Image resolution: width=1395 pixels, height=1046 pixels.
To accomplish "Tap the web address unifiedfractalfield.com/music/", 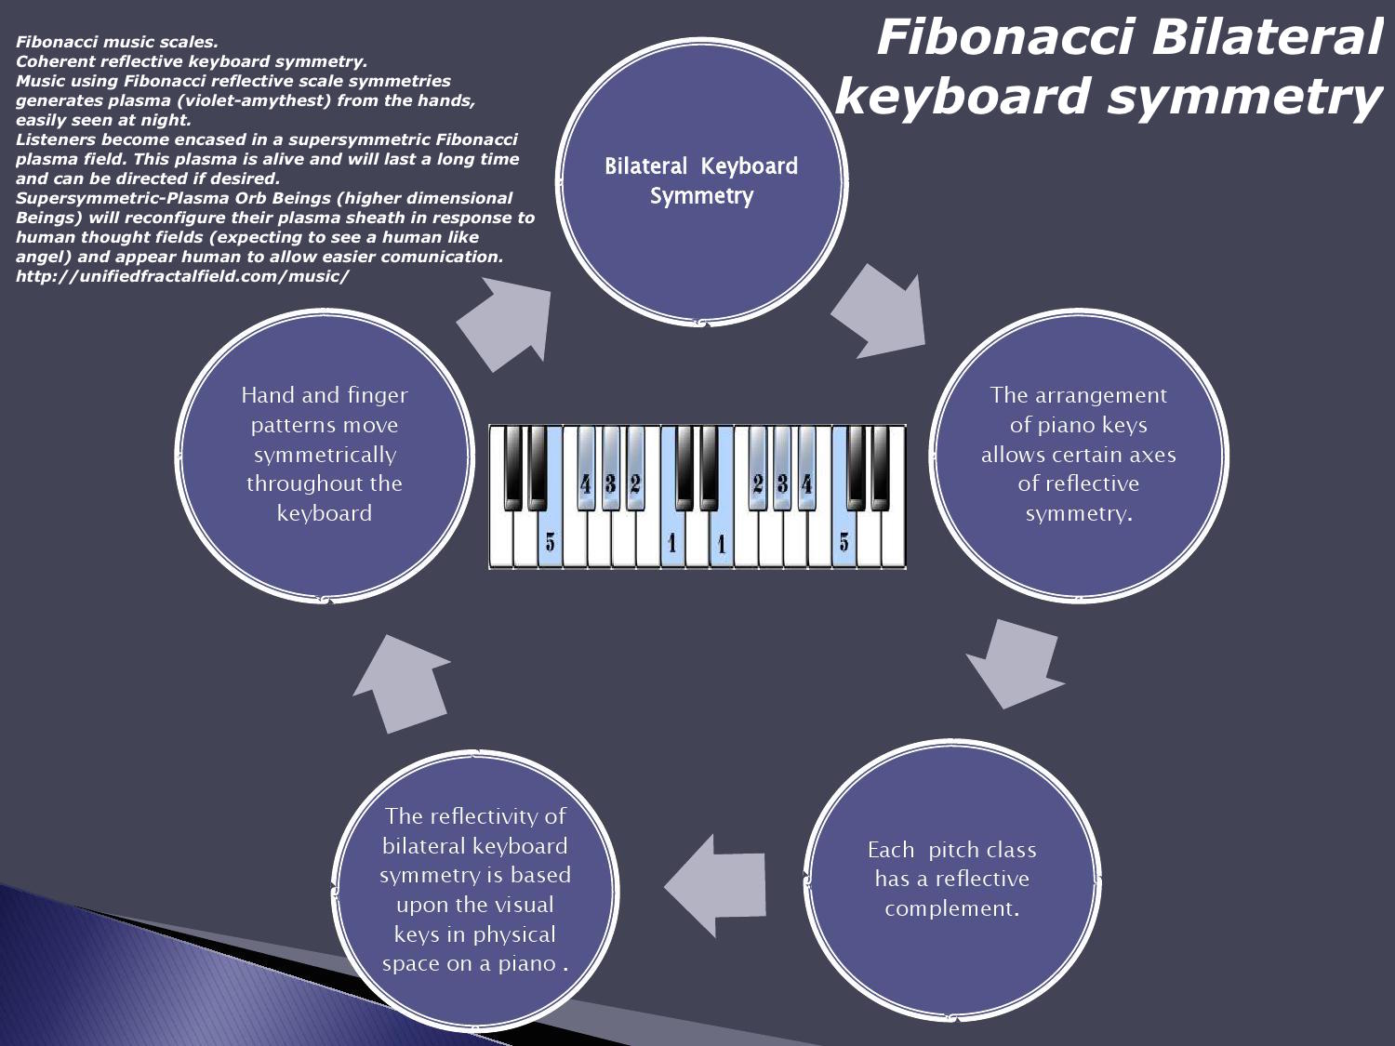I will coord(182,276).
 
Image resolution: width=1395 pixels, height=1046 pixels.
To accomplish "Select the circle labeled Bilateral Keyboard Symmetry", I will coord(702,181).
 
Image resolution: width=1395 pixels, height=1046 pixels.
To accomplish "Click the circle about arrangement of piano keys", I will coord(1078,456).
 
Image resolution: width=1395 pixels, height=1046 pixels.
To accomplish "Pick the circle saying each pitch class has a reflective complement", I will coord(952,880).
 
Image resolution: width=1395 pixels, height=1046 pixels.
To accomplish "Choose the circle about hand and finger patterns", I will coord(325,456).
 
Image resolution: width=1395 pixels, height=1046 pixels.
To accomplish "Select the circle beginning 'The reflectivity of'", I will coord(474,891).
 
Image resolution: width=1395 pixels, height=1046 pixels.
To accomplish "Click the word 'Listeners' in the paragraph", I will coord(54,139).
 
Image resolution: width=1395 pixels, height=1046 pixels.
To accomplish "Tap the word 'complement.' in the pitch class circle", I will coord(951,908).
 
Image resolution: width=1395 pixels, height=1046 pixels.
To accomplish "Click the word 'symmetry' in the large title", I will coord(1242,98).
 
